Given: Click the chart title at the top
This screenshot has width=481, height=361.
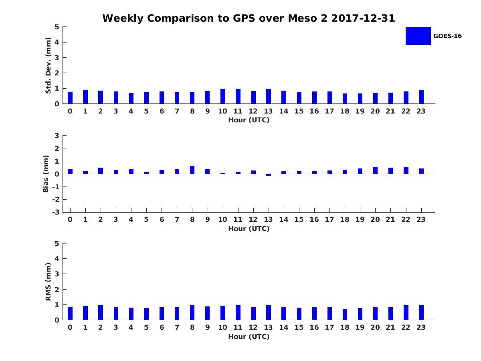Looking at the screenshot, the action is [249, 18].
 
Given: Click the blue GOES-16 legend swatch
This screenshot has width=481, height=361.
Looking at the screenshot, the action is [418, 36].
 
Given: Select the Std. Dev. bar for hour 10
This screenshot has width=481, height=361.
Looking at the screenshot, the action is [223, 96].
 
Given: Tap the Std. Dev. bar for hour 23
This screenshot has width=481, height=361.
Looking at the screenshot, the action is [421, 97].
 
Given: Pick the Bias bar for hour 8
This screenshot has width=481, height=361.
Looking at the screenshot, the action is [192, 170].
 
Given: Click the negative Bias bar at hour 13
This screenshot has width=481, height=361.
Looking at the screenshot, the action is [269, 175].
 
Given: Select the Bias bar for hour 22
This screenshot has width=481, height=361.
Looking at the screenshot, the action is [406, 170].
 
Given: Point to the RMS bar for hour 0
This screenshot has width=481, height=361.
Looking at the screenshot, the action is [70, 313].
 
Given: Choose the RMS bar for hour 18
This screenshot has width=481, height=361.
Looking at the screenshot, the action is [345, 314].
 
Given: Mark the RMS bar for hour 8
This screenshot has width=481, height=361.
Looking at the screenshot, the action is [192, 312].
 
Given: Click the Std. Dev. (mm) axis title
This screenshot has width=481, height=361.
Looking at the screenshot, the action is [48, 65].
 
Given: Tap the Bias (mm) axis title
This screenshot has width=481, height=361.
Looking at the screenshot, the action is [46, 174].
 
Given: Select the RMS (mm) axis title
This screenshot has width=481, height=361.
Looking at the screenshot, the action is [48, 282].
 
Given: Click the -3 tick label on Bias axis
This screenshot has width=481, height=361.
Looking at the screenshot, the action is [56, 212].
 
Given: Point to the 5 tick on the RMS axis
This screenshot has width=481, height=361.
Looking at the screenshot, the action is [57, 243].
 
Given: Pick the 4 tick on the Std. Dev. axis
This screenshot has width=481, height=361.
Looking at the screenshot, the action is [57, 42].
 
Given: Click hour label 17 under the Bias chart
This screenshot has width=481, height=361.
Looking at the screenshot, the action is [329, 219].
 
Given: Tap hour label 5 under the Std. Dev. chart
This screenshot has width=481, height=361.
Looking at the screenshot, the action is [146, 111].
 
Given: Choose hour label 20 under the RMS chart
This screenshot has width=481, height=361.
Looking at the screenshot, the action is [375, 327].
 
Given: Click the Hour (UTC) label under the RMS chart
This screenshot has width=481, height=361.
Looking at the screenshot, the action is [249, 337].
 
